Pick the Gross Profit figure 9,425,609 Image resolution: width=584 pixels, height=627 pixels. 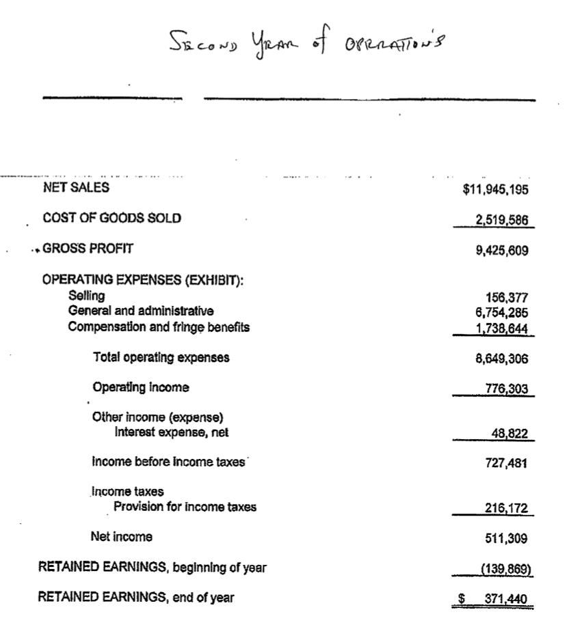click(x=501, y=250)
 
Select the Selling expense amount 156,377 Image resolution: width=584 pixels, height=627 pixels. click(x=506, y=298)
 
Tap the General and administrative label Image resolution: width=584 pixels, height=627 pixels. click(x=141, y=311)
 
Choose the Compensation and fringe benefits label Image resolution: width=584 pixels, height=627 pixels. click(x=159, y=326)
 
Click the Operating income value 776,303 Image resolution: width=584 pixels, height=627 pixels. click(x=506, y=389)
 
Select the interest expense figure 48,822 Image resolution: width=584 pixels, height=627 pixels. click(x=509, y=433)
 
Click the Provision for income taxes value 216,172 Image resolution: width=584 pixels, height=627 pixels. click(x=506, y=507)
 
